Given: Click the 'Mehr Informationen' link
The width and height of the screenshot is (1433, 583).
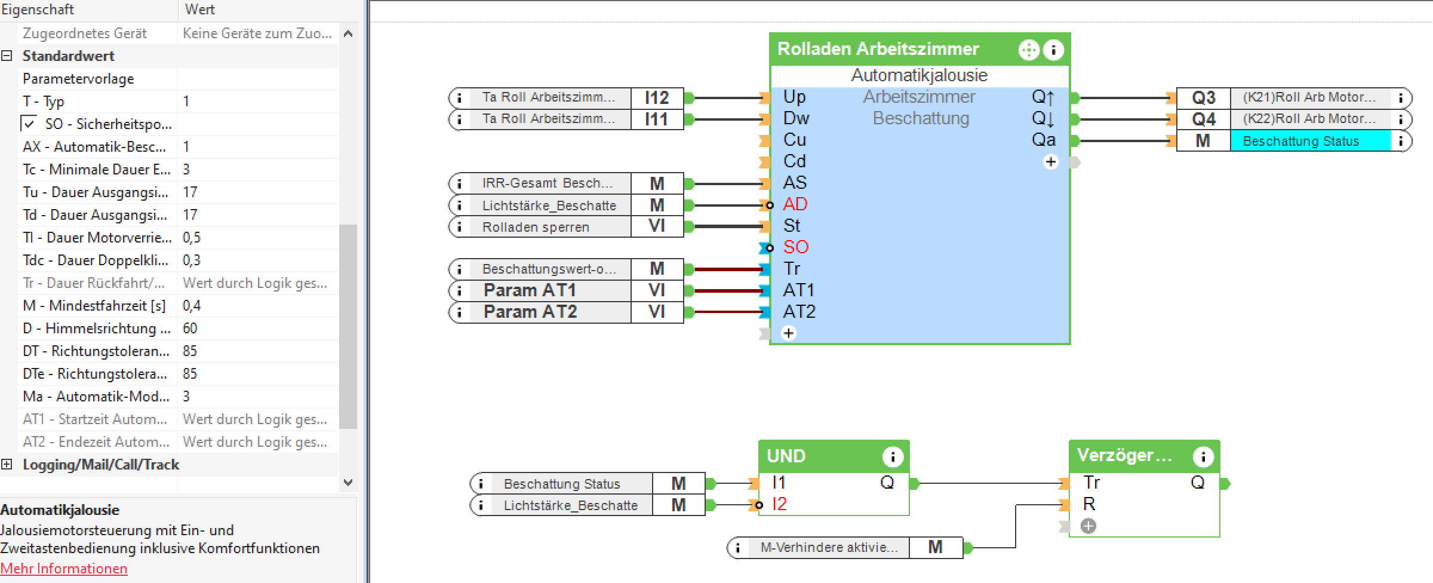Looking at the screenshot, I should [x=64, y=569].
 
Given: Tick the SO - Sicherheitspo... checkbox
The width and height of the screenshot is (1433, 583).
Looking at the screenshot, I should [x=29, y=124].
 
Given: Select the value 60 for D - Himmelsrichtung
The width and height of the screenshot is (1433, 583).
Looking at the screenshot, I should [x=190, y=329].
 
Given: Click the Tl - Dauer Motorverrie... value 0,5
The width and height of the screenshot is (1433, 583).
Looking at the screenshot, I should [x=192, y=238].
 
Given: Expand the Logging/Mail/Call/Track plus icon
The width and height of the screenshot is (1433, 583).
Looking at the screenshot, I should [x=7, y=465].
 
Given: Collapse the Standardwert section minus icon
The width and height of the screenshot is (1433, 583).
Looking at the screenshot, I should [x=7, y=56].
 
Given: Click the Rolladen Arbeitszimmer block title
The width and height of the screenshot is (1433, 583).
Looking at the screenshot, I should [x=878, y=49].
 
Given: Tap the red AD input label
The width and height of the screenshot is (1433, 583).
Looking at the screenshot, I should [x=795, y=204].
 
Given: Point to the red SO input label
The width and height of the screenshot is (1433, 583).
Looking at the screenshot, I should [x=796, y=247].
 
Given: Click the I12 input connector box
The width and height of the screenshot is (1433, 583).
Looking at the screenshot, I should [x=657, y=98].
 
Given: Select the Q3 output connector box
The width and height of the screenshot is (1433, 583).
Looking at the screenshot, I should [x=1203, y=98].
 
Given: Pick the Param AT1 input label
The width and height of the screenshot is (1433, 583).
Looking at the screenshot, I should [x=530, y=290].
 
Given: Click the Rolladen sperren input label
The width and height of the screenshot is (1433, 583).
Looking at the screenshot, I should [x=536, y=228].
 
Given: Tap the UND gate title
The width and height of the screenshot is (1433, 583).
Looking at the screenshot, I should [x=786, y=456].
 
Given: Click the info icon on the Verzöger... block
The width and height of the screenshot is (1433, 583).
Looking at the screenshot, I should [x=1203, y=457].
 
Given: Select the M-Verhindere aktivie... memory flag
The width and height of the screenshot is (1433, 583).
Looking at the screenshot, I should [x=829, y=548].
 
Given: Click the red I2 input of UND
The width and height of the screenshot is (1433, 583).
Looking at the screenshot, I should [x=780, y=504].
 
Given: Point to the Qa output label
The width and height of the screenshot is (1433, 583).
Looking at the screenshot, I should [x=1043, y=140].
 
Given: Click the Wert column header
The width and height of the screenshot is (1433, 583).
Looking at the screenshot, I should [x=200, y=10].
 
